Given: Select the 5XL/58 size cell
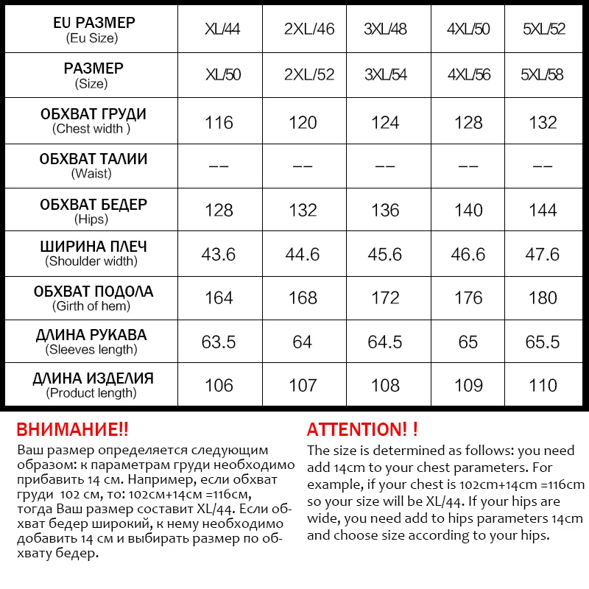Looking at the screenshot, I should (543, 75).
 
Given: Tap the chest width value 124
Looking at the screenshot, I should (385, 122).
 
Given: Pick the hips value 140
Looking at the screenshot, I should (468, 210).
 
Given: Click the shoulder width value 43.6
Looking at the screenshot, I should (219, 254).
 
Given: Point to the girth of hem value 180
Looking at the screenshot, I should (543, 297).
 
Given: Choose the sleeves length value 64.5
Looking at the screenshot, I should (385, 342).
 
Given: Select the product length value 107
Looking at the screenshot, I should (303, 385).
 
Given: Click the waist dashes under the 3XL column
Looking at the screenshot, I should (385, 166).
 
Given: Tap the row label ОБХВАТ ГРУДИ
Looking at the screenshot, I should (93, 115).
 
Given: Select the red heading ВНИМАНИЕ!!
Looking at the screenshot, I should (72, 429).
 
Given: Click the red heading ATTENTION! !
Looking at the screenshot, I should (361, 429).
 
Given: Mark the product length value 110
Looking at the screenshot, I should (543, 385).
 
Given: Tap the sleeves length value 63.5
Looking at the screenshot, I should (219, 342).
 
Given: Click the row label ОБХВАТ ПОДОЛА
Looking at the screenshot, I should (93, 292).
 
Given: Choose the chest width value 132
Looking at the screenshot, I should (543, 122).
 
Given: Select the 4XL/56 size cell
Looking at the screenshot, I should (468, 75).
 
